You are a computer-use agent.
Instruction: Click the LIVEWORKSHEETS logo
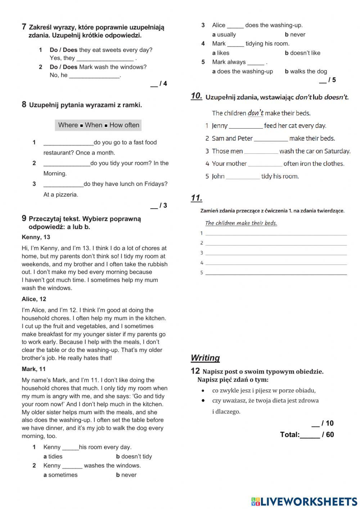304,501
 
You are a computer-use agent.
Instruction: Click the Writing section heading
205,358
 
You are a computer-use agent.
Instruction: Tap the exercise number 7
24,27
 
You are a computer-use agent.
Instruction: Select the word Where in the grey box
68,125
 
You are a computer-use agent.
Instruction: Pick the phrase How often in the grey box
124,125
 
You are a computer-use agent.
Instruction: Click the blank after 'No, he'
94,76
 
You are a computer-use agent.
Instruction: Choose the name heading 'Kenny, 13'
36,237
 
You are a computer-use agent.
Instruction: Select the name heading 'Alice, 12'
34,299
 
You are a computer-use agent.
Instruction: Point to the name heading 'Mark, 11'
34,369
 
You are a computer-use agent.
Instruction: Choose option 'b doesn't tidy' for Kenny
134,456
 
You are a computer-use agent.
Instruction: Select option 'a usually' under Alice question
224,35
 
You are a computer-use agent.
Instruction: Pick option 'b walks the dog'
306,71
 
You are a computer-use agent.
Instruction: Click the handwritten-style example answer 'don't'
255,113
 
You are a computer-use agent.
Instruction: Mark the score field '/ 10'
323,423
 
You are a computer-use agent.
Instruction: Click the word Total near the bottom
289,434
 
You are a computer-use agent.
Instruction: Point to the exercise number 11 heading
197,198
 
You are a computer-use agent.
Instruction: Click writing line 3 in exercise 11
276,254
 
